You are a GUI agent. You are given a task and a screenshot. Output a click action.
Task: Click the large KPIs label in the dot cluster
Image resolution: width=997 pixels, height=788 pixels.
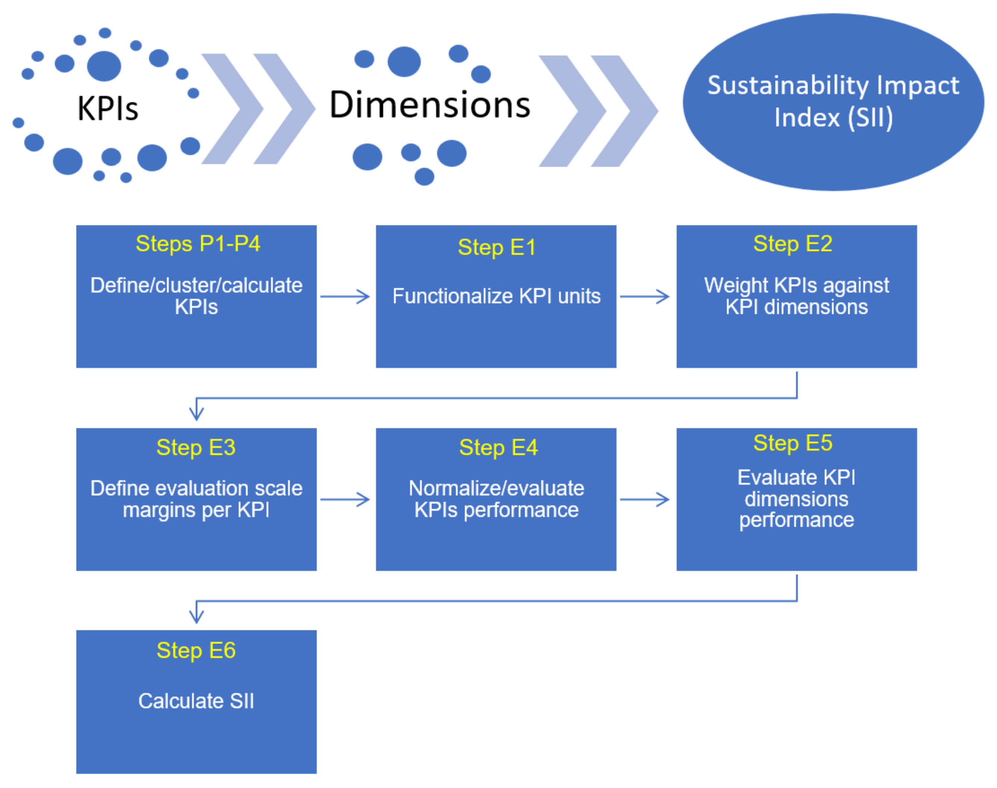pyautogui.click(x=108, y=109)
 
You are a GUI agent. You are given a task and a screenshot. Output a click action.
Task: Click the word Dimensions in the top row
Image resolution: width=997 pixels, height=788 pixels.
pyautogui.click(x=429, y=105)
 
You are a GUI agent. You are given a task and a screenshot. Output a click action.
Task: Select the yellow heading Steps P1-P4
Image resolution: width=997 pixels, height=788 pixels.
pyautogui.click(x=198, y=244)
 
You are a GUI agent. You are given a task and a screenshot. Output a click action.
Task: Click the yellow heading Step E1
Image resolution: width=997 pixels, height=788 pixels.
pyautogui.click(x=496, y=247)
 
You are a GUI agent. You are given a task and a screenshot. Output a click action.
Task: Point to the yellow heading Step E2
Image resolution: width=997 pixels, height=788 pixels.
pyautogui.click(x=792, y=244)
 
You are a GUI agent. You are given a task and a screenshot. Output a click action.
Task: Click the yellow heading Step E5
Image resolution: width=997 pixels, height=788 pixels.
pyautogui.click(x=792, y=443)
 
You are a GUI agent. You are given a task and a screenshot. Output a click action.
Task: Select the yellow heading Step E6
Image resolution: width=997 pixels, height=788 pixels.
pyautogui.click(x=196, y=650)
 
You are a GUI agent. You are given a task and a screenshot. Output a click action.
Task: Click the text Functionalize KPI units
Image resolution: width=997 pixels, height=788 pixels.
pyautogui.click(x=496, y=296)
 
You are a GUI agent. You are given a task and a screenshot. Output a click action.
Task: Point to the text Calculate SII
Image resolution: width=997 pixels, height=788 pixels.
pyautogui.click(x=196, y=701)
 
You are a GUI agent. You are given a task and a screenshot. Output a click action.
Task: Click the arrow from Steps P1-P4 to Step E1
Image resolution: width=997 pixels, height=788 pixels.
pyautogui.click(x=345, y=296)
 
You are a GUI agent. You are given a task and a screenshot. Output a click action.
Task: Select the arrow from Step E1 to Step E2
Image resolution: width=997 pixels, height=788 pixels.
pyautogui.click(x=644, y=296)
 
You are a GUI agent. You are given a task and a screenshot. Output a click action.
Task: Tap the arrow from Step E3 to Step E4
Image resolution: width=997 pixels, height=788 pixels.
pyautogui.click(x=345, y=499)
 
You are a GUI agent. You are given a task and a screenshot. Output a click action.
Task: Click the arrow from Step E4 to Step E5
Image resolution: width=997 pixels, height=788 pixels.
pyautogui.click(x=644, y=499)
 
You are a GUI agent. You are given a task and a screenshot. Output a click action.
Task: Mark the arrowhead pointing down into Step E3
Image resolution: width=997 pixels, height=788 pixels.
pyautogui.click(x=196, y=412)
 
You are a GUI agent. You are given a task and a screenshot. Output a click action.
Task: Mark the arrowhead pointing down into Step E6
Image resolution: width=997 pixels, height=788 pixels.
pyautogui.click(x=196, y=615)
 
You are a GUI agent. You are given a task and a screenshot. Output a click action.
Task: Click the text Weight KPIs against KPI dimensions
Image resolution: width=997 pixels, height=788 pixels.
pyautogui.click(x=796, y=296)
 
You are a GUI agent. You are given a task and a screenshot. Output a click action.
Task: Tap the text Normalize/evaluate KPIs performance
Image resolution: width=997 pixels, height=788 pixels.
pyautogui.click(x=496, y=499)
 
